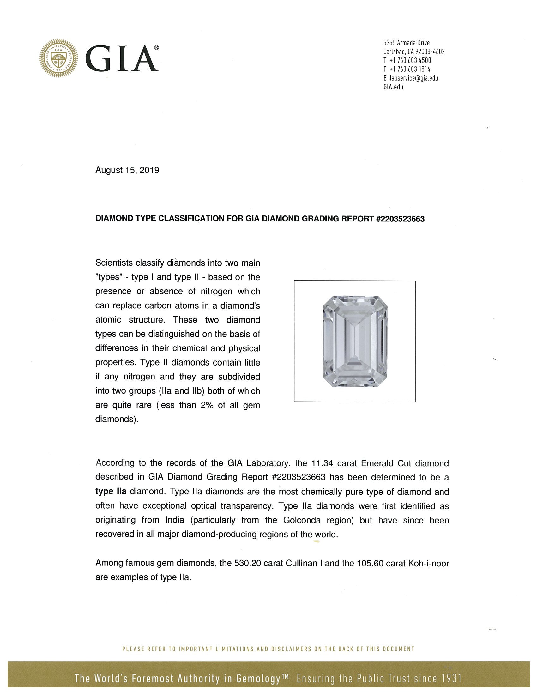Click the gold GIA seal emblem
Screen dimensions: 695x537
coord(58,59)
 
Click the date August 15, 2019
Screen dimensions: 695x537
coord(127,170)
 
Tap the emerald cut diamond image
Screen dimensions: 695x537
coord(355,341)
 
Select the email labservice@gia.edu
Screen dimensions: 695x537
coord(413,78)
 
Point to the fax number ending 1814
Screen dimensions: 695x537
coord(409,69)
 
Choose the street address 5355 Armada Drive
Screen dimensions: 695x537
coord(406,43)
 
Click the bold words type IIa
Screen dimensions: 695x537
coord(111,492)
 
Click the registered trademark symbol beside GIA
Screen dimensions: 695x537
coord(156,48)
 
